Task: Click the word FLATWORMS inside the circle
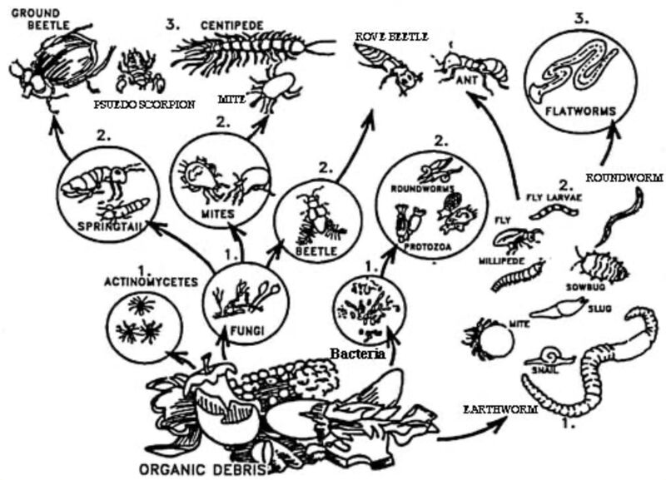(580, 111)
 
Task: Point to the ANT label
(466, 79)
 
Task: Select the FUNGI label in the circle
(246, 330)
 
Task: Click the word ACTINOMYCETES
(152, 282)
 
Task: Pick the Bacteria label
(358, 353)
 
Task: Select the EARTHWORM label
(499, 409)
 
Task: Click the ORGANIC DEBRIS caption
(203, 470)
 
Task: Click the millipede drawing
(518, 277)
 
